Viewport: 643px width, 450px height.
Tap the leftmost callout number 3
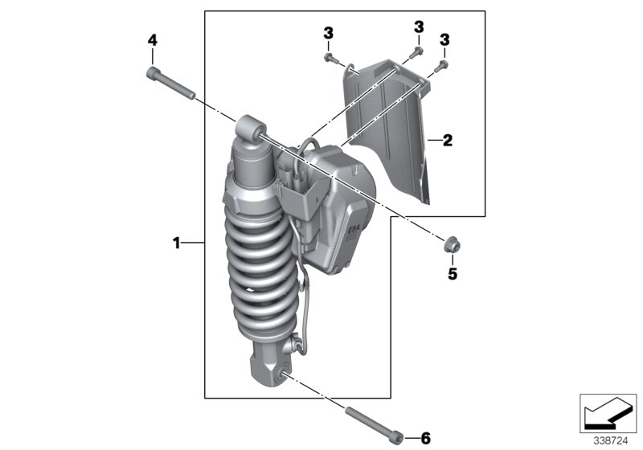pyautogui.click(x=328, y=33)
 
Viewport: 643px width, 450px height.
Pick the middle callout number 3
pyautogui.click(x=419, y=27)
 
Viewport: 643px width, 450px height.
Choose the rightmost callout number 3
pyautogui.click(x=444, y=39)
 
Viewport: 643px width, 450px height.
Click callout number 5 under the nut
pyautogui.click(x=452, y=274)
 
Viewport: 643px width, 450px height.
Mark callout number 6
pyautogui.click(x=425, y=438)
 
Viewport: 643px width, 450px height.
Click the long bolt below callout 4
pyautogui.click(x=171, y=84)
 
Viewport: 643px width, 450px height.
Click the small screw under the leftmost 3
pyautogui.click(x=329, y=57)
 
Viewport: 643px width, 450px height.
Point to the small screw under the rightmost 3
pyautogui.click(x=442, y=63)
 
